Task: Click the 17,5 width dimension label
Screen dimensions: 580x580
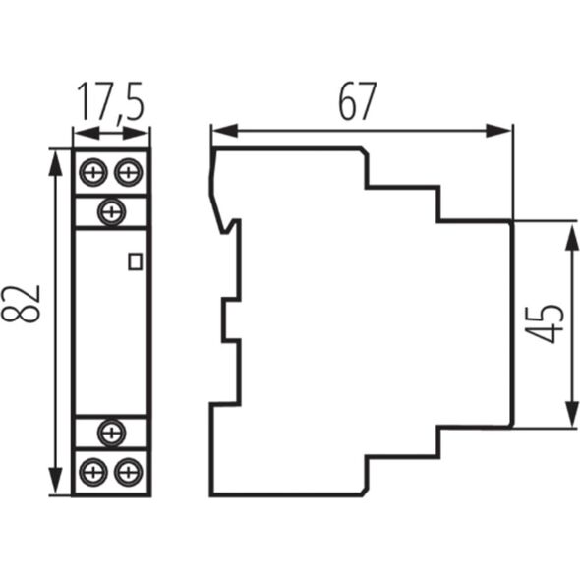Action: point(110,101)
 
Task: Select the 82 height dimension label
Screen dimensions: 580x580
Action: point(21,304)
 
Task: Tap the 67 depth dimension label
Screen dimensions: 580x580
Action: point(358,101)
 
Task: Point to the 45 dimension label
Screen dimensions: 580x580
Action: point(545,324)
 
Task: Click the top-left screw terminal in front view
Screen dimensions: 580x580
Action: point(93,172)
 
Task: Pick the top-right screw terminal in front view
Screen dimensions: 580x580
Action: point(129,172)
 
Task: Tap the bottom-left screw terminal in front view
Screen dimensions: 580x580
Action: point(93,473)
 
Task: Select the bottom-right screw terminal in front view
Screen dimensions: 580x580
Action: point(129,473)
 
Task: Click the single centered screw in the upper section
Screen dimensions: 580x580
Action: point(111,212)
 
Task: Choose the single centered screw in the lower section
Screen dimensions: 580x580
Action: point(111,433)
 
